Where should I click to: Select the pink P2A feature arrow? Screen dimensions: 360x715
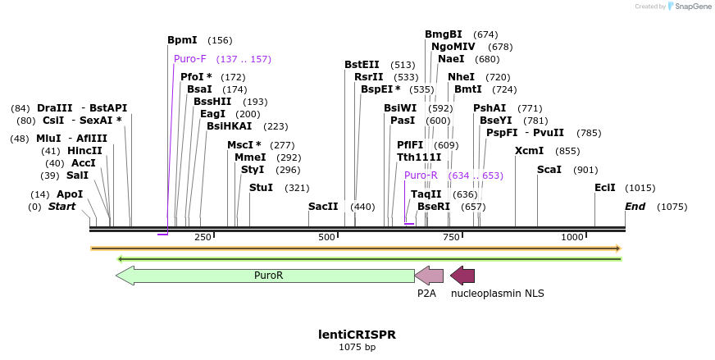[429, 276]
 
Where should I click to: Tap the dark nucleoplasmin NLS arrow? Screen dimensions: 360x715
[462, 276]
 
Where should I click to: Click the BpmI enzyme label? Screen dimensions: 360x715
[182, 39]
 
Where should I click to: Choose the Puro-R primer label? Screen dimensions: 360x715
[421, 175]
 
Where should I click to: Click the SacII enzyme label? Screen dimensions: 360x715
[323, 207]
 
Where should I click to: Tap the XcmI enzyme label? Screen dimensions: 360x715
[529, 151]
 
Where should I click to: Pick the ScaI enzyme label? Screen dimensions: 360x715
[549, 170]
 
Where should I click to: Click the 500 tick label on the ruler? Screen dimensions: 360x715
[327, 237]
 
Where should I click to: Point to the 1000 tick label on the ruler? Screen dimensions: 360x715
[572, 237]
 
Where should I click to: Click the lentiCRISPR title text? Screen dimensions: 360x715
[357, 335]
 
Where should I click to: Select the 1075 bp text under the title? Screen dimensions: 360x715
[357, 347]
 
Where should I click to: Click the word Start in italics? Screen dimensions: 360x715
[61, 207]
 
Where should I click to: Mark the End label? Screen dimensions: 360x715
[635, 207]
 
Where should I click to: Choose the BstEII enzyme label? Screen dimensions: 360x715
[362, 64]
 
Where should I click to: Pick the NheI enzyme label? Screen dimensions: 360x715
[461, 76]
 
